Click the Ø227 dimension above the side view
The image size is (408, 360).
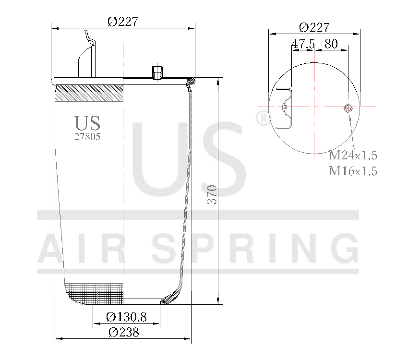click(123, 22)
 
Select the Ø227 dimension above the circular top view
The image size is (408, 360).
click(314, 27)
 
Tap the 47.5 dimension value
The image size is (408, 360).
click(303, 44)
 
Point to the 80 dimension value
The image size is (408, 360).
click(331, 44)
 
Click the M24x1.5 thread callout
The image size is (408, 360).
click(353, 156)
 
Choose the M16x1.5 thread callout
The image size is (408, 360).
click(353, 171)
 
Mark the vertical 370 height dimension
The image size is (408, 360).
click(212, 194)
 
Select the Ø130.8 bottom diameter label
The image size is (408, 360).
click(126, 317)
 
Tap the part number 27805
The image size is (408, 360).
click(87, 136)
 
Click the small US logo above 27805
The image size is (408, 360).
click(87, 123)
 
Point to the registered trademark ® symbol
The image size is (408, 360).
click(263, 118)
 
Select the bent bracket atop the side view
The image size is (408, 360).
click(87, 55)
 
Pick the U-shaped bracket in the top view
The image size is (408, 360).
click(285, 108)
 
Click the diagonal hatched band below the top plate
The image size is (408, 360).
click(90, 93)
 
